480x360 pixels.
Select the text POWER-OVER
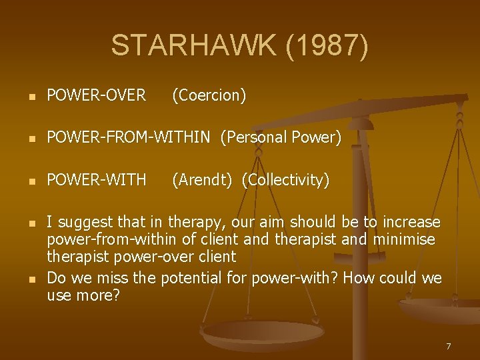[x=96, y=95]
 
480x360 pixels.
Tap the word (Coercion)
[x=209, y=95]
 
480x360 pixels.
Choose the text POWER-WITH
[x=96, y=180]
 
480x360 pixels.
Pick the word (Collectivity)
[x=285, y=180]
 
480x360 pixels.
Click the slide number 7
[x=449, y=346]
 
